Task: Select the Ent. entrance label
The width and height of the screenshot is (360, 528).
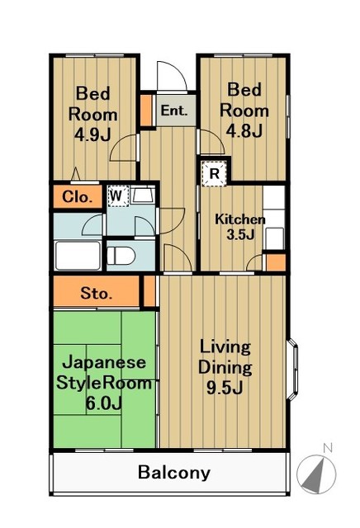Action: pyautogui.click(x=173, y=111)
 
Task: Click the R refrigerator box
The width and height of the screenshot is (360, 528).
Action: pyautogui.click(x=214, y=173)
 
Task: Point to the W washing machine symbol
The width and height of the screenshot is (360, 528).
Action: pyautogui.click(x=117, y=196)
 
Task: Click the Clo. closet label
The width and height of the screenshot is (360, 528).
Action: pyautogui.click(x=77, y=197)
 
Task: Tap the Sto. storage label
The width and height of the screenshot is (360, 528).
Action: pyautogui.click(x=97, y=293)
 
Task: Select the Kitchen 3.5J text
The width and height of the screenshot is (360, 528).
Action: pyautogui.click(x=239, y=227)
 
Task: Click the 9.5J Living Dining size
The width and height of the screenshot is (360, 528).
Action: pyautogui.click(x=224, y=385)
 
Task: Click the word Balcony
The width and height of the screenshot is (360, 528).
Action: pyautogui.click(x=173, y=474)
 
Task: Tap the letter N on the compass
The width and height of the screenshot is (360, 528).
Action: pyautogui.click(x=327, y=448)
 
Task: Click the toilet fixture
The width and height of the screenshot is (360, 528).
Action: pyautogui.click(x=121, y=254)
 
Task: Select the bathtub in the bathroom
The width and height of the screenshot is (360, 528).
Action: pyautogui.click(x=77, y=255)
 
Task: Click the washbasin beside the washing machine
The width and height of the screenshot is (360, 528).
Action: pyautogui.click(x=143, y=196)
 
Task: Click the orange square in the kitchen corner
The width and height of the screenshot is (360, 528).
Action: pyautogui.click(x=276, y=262)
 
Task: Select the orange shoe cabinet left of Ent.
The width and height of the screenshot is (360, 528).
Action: pyautogui.click(x=145, y=109)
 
